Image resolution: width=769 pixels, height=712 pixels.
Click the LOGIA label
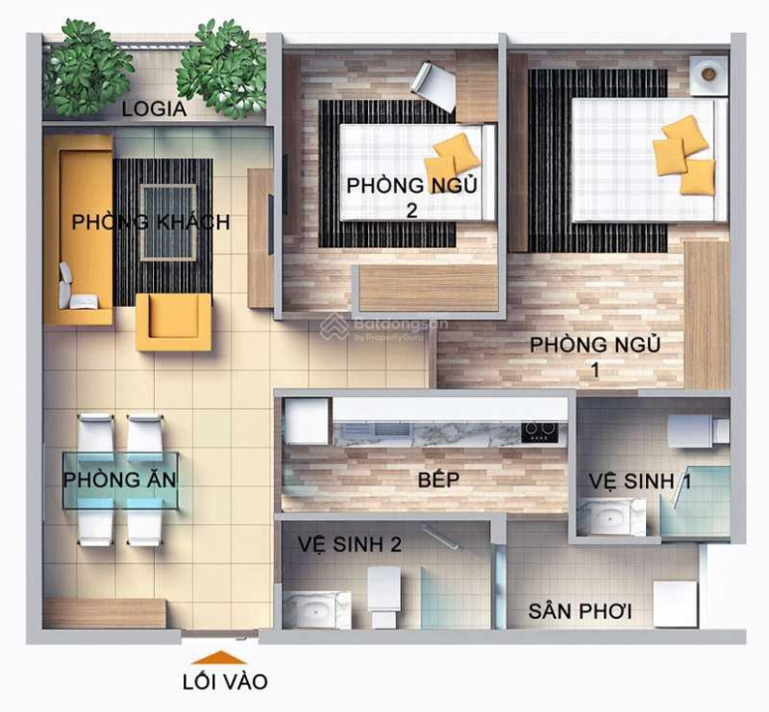coord(154,109)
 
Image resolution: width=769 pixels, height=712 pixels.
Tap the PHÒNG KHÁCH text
coord(151,221)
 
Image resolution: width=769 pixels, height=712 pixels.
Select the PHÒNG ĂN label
coord(120,479)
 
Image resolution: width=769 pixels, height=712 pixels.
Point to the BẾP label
coord(439,480)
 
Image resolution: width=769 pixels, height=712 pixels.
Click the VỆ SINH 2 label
coord(350,544)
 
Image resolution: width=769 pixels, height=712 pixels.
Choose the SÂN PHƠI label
coord(580,612)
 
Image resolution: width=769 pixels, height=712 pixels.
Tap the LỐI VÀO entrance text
coord(225,682)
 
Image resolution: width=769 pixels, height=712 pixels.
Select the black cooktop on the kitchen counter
coord(540,432)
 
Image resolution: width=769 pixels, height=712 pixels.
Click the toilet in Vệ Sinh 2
coord(384,596)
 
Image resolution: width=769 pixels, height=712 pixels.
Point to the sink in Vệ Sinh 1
coord(611,517)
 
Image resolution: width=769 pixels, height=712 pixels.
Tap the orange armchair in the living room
coord(174,322)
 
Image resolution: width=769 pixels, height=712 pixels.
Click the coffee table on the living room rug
coord(169,222)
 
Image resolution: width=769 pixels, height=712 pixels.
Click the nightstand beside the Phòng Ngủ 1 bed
coord(708,74)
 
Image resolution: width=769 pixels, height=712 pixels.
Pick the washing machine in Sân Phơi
coord(676,604)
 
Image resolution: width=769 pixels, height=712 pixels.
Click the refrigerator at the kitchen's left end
coord(307,421)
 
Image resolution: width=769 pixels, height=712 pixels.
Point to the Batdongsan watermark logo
coord(334,327)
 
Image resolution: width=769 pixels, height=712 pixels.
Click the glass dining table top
coord(120,481)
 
